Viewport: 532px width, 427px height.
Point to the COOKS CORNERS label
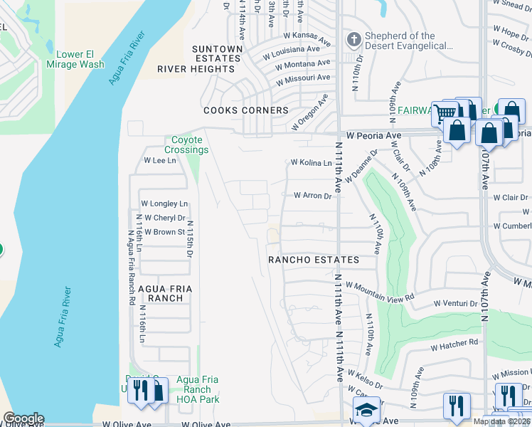click(x=246, y=110)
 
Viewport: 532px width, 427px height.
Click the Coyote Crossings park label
click(x=186, y=145)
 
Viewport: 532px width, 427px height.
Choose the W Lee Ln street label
click(x=160, y=161)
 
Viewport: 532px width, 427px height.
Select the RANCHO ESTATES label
click(x=313, y=260)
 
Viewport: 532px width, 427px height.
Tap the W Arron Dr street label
click(x=313, y=196)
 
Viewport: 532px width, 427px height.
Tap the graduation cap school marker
click(x=366, y=410)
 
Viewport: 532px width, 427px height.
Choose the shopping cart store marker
click(x=445, y=112)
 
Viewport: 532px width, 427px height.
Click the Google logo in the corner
click(x=23, y=418)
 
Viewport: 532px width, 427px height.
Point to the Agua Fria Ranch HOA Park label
click(x=197, y=389)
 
